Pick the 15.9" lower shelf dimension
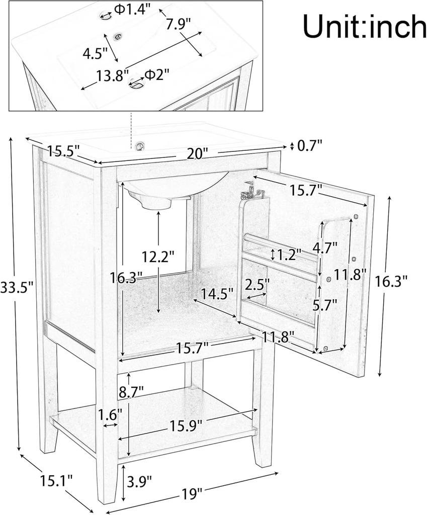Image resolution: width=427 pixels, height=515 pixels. coord(185,425)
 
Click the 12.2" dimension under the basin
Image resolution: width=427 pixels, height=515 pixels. coord(158,256)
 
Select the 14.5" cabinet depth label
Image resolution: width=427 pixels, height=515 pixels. coord(217,293)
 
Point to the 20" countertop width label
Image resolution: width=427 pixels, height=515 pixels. coord(197,154)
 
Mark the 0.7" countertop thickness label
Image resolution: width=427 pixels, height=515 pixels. coord(310,146)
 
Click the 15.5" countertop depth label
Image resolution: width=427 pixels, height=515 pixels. coord(64,150)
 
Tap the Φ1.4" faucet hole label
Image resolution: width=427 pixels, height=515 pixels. coord(132,10)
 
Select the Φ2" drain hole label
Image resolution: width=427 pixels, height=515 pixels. coord(157,74)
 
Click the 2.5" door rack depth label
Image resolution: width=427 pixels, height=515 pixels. coord(257,285)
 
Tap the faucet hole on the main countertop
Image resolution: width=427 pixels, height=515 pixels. coord(140,146)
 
